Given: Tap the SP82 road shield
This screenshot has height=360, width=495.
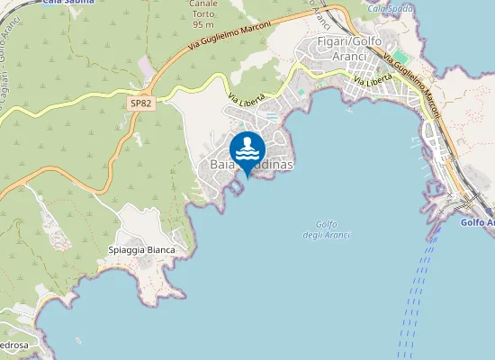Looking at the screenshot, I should (140, 104).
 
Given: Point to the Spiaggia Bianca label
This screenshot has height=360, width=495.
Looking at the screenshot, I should (139, 249).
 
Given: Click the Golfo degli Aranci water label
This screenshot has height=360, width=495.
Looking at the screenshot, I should (327, 229).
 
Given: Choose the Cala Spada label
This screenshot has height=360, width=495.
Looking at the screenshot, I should (391, 8).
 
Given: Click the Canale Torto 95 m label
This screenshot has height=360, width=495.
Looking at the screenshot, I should (202, 13).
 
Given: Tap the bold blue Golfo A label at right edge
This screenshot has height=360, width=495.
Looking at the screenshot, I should (477, 222).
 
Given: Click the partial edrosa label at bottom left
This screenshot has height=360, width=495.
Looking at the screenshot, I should (16, 346).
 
